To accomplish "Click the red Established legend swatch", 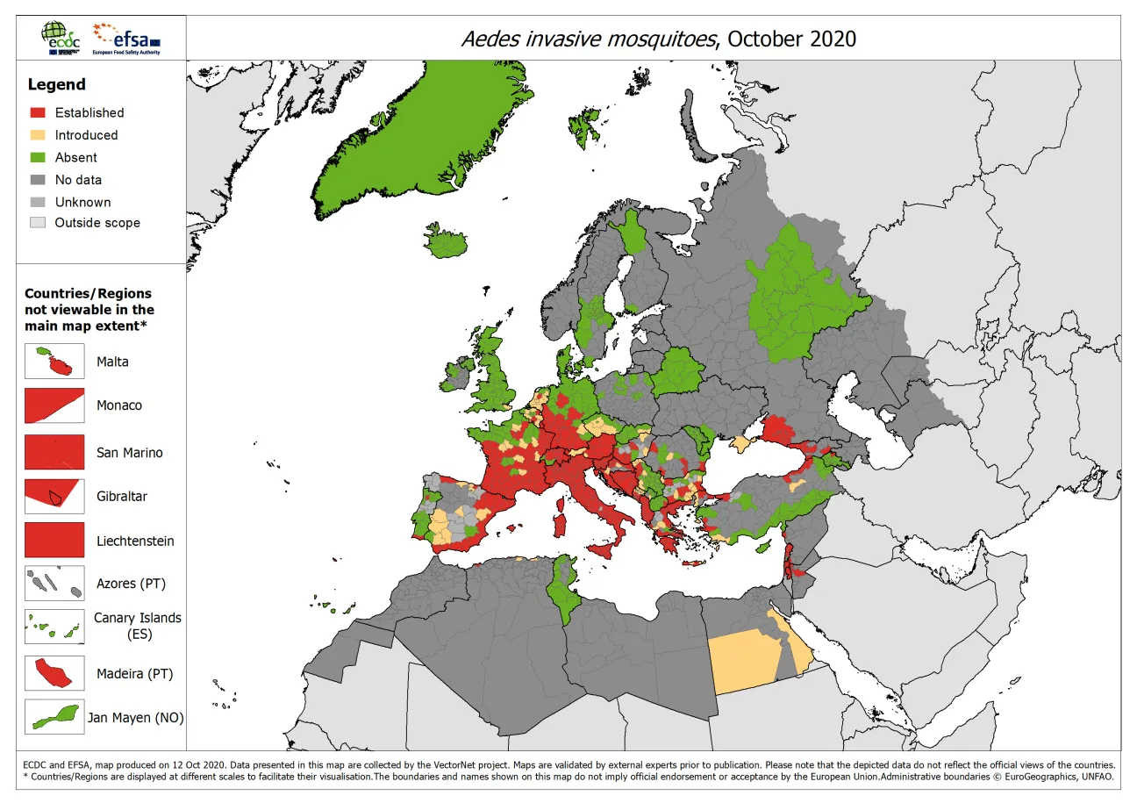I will [38, 112].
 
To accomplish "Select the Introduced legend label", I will [86, 135].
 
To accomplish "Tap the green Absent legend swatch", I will [38, 157].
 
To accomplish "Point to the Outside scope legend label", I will [97, 223].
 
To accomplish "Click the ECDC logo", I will [61, 38].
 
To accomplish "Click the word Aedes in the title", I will [486, 39].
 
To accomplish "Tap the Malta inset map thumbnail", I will [54, 362].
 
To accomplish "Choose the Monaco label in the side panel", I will [118, 405].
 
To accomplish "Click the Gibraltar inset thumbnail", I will [54, 497].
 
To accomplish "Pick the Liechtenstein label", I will [135, 541].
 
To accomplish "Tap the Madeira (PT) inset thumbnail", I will [54, 674].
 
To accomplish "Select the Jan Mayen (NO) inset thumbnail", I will [54, 717].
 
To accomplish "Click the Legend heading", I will [56, 84].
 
